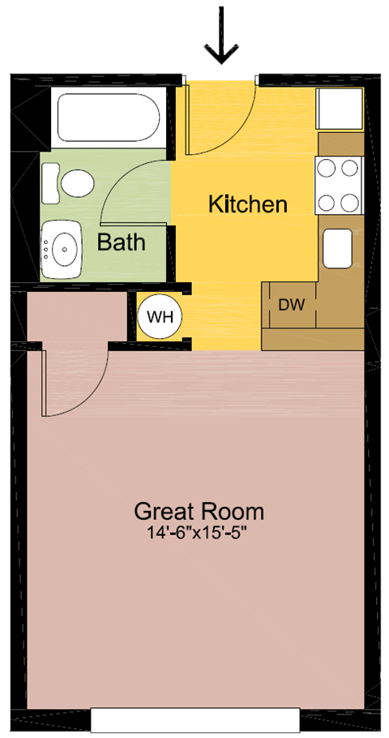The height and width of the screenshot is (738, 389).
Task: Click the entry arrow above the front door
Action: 220,37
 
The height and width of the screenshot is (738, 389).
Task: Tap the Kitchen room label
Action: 248,204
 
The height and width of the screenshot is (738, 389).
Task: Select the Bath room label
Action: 122,242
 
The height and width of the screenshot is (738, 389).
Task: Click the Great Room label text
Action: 199,512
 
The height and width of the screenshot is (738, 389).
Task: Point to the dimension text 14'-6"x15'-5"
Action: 199,533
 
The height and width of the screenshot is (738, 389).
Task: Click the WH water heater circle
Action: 160,316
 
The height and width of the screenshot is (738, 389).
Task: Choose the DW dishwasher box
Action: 291,305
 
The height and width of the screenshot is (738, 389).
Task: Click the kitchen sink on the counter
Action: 337,248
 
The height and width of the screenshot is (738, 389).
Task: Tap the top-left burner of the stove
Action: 327,169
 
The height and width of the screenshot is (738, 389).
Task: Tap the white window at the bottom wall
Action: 195,719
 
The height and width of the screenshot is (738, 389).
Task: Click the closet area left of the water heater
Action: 77,316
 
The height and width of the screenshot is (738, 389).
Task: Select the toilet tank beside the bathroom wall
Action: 50,183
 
